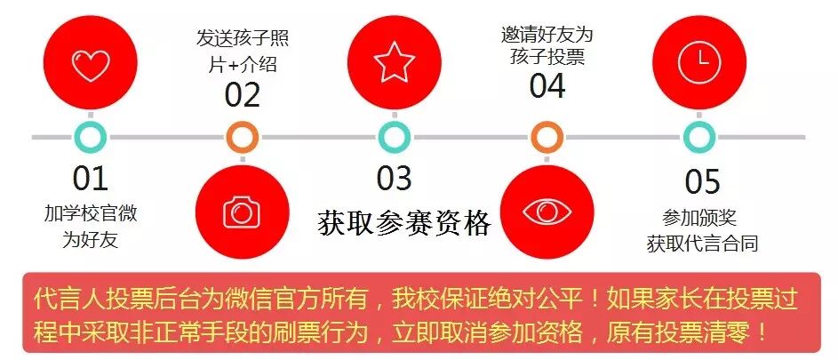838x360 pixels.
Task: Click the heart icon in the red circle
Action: pyautogui.click(x=91, y=64)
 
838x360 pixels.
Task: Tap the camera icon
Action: pyautogui.click(x=241, y=212)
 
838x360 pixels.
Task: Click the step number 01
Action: pyautogui.click(x=90, y=180)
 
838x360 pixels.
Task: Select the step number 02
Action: pyautogui.click(x=242, y=94)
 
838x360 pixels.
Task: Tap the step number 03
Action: pyautogui.click(x=394, y=179)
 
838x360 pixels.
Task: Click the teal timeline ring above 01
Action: pyautogui.click(x=90, y=137)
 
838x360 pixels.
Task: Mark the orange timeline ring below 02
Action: pyautogui.click(x=242, y=137)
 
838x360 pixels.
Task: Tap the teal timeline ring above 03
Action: pyautogui.click(x=394, y=137)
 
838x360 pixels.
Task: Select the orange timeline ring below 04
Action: pyautogui.click(x=547, y=137)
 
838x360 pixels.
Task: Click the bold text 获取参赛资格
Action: pyautogui.click(x=404, y=223)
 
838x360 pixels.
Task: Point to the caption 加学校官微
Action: pyautogui.click(x=91, y=214)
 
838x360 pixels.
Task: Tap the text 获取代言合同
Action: pyautogui.click(x=702, y=243)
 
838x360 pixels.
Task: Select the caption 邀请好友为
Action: pyautogui.click(x=547, y=36)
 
